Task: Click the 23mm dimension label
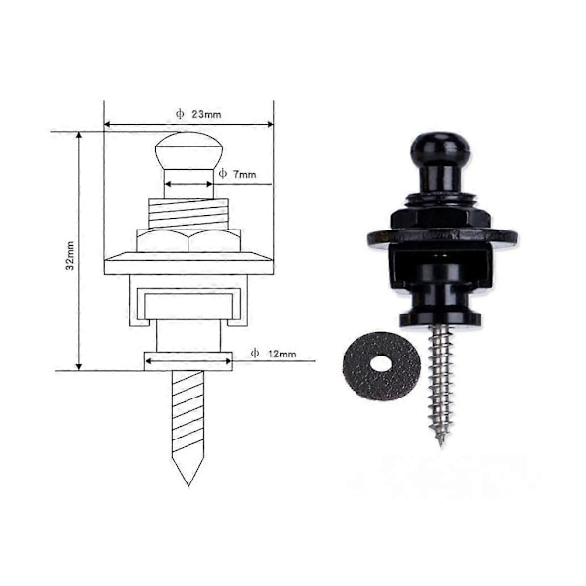click(x=206, y=114)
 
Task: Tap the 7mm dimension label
click(x=244, y=174)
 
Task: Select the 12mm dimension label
click(x=282, y=354)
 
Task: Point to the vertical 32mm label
click(x=70, y=256)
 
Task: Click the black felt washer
click(x=382, y=366)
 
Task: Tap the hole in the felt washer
click(x=381, y=363)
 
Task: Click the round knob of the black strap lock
click(x=441, y=147)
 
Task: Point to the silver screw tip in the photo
click(x=441, y=442)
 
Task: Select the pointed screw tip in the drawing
click(x=188, y=485)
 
